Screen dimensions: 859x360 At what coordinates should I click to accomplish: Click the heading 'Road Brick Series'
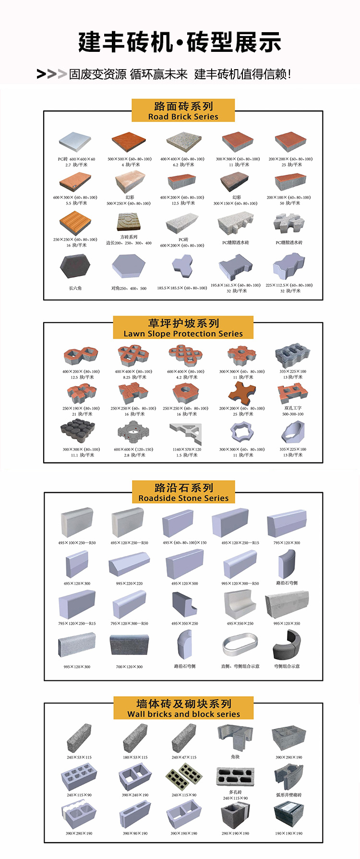[183, 117]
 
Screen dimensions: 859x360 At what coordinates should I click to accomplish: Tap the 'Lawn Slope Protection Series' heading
[183, 334]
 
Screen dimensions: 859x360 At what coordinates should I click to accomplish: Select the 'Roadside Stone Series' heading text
[183, 498]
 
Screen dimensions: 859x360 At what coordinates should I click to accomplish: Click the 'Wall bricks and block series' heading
[183, 714]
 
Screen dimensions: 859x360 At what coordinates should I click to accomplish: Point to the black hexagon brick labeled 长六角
[75, 266]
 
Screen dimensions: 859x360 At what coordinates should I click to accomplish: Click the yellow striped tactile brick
[75, 222]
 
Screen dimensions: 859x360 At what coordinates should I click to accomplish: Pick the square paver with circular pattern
[129, 222]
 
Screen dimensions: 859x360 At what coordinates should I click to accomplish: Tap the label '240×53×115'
[79, 757]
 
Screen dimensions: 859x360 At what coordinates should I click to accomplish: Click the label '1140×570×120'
[187, 449]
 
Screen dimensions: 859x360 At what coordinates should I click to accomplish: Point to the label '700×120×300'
[129, 666]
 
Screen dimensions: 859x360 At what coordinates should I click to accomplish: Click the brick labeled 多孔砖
[235, 777]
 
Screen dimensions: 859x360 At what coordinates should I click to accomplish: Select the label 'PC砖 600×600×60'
[76, 159]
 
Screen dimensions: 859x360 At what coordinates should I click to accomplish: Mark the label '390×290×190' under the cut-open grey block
[289, 757]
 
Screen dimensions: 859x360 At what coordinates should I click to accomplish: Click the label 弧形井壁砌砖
[289, 795]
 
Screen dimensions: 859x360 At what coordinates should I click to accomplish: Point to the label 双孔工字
[293, 408]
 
